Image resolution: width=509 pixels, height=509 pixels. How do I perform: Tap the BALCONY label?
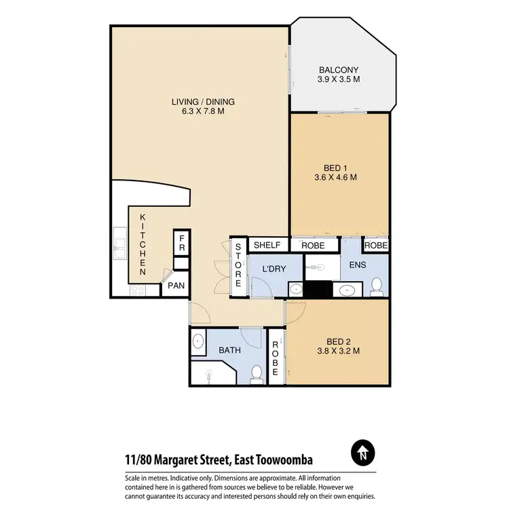pyautogui.click(x=339, y=70)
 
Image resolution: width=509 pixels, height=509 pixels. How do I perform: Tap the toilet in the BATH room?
pyautogui.click(x=257, y=373)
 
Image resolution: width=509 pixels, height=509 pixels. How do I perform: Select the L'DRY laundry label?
pyautogui.click(x=274, y=269)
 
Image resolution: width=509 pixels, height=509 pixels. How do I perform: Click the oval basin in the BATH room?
pyautogui.click(x=198, y=341)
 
